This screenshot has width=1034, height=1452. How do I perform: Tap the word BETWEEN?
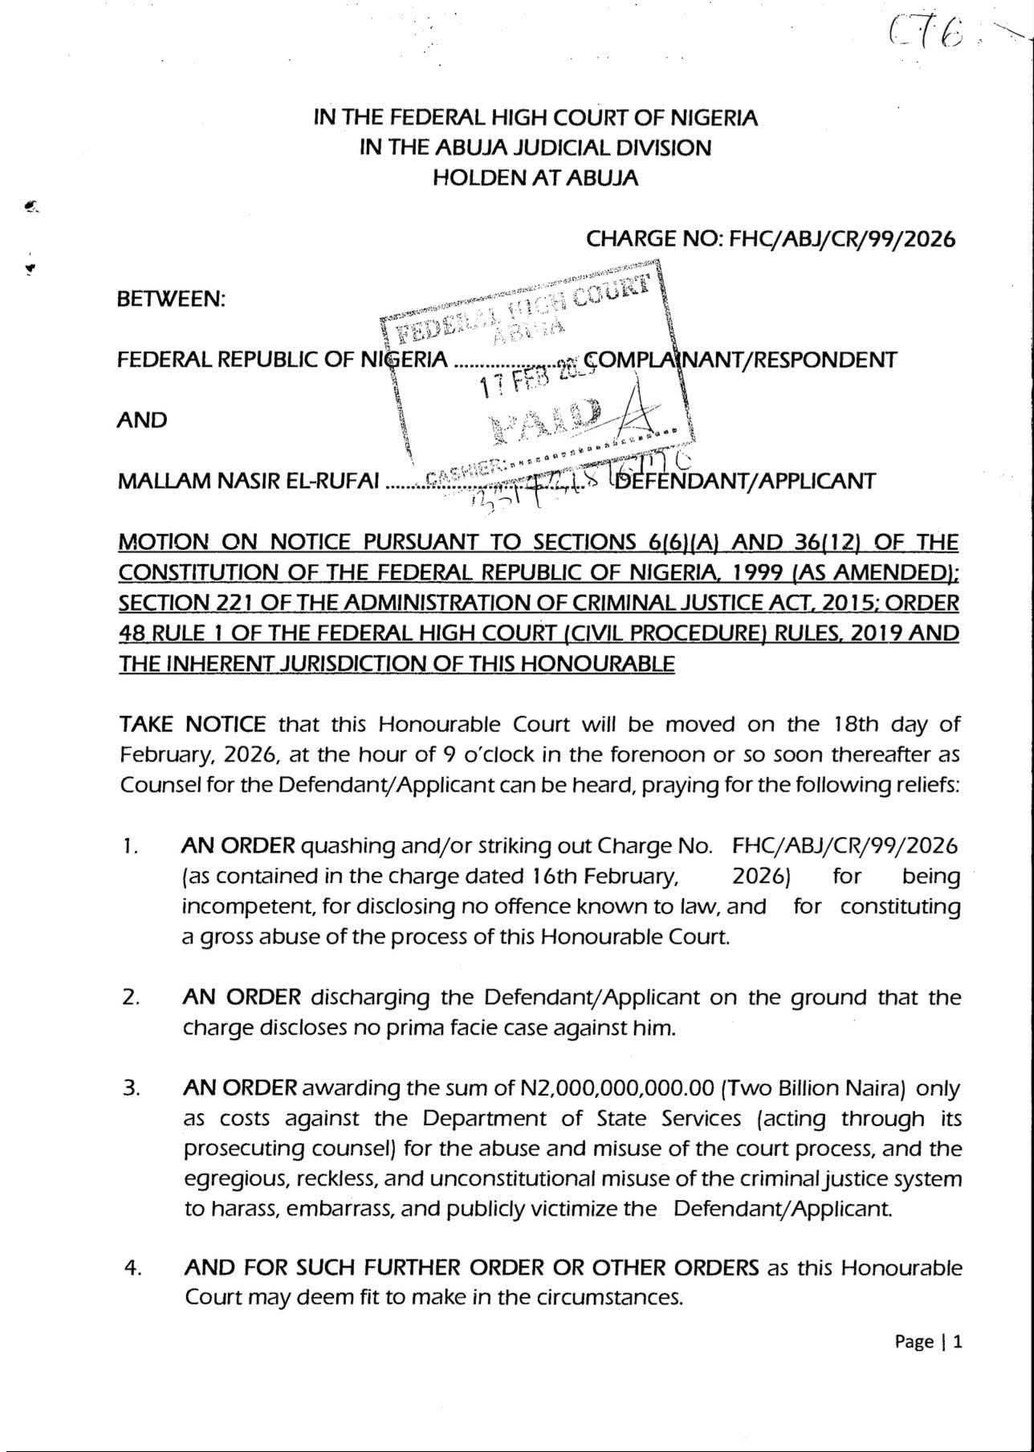[171, 299]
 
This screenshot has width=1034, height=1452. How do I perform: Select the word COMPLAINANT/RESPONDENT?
[743, 359]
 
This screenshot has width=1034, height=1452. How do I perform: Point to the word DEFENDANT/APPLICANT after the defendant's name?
[743, 481]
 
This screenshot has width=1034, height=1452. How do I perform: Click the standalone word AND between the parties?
[142, 420]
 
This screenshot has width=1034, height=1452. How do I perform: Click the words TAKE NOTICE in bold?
[192, 725]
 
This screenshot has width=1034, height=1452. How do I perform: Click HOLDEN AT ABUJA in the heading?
[535, 178]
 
